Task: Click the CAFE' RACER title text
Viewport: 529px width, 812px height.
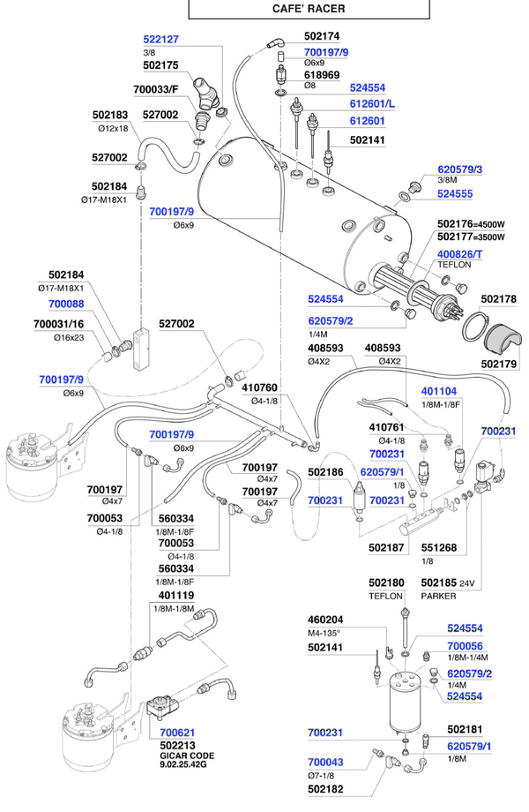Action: click(x=309, y=8)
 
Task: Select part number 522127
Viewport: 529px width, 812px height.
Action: click(x=160, y=40)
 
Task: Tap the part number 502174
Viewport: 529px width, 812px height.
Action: click(x=322, y=36)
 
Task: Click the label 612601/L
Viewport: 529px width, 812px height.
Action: click(x=372, y=104)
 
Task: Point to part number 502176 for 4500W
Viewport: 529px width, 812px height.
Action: click(x=455, y=224)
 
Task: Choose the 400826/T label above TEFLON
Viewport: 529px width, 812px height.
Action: click(x=459, y=254)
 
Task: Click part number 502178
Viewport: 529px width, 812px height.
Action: click(x=498, y=299)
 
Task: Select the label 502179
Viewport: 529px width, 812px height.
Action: click(x=498, y=364)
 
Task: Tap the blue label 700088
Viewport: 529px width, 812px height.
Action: click(x=66, y=304)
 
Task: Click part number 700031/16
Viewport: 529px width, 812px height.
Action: click(x=58, y=324)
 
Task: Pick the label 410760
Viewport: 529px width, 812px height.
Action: click(x=259, y=387)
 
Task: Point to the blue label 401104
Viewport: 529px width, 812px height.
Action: click(x=439, y=392)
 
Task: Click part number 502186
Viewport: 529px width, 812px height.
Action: click(x=325, y=472)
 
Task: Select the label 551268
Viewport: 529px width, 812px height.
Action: click(x=439, y=548)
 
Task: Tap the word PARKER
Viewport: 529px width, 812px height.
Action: click(x=438, y=596)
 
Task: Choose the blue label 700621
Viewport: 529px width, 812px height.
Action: click(x=177, y=733)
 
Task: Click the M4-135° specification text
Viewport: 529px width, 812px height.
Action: click(x=324, y=633)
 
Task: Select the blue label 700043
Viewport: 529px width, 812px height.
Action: click(x=325, y=763)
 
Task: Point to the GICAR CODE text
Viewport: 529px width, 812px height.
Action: click(x=187, y=756)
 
